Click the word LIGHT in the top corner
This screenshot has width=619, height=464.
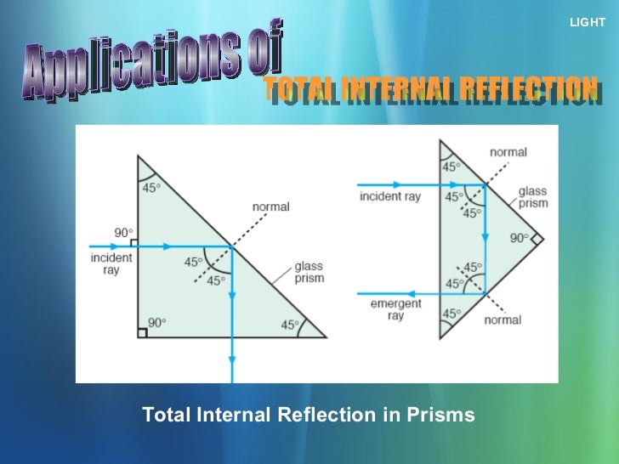click(x=588, y=22)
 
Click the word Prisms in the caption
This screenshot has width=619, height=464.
click(x=442, y=415)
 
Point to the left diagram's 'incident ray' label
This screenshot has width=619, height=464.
click(x=111, y=263)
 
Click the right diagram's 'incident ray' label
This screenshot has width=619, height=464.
click(x=390, y=196)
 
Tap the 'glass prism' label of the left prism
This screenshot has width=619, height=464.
click(x=309, y=272)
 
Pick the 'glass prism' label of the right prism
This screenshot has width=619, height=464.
click(x=533, y=197)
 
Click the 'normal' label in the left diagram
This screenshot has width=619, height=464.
click(x=270, y=207)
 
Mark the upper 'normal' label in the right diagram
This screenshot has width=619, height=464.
click(x=508, y=152)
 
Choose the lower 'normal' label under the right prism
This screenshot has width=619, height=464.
click(x=503, y=320)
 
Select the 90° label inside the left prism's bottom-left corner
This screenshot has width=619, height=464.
click(x=156, y=322)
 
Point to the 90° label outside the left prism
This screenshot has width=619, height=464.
click(x=124, y=232)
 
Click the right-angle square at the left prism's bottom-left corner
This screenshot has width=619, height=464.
click(x=142, y=332)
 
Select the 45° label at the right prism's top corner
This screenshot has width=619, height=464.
click(x=451, y=167)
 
